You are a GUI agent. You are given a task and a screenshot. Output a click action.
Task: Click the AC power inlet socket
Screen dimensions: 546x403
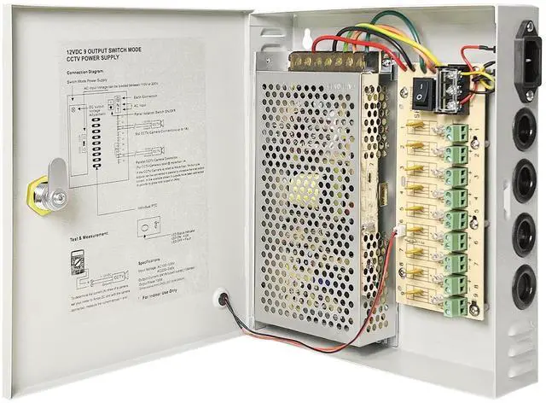(530, 58)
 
